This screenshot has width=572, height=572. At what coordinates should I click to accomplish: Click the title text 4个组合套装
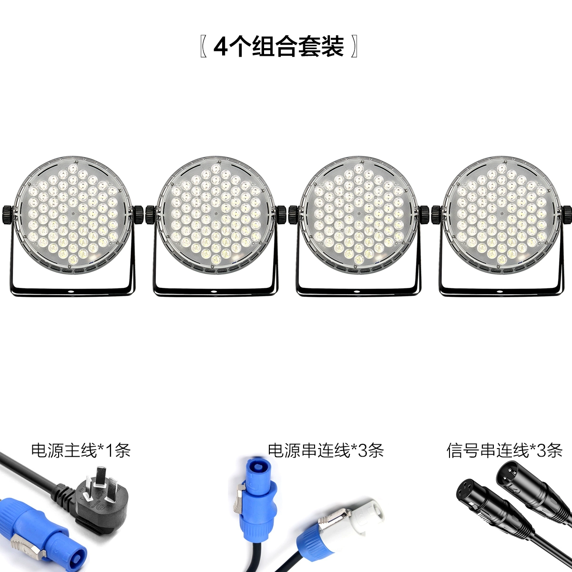click(278, 47)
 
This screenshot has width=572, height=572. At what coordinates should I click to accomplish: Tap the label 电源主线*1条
click(81, 450)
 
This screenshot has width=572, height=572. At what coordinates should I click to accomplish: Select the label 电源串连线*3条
click(326, 450)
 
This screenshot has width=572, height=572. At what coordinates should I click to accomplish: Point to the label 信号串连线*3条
click(504, 450)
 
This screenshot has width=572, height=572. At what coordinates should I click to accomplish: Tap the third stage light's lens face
click(358, 214)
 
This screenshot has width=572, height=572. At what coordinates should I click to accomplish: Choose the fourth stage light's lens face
click(501, 214)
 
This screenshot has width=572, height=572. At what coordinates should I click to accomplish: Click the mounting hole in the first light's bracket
click(71, 292)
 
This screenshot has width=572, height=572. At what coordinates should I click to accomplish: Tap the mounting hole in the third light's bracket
click(356, 292)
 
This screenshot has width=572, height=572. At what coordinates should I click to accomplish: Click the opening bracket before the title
click(204, 47)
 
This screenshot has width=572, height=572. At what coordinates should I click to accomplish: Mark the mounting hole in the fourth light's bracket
click(499, 292)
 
